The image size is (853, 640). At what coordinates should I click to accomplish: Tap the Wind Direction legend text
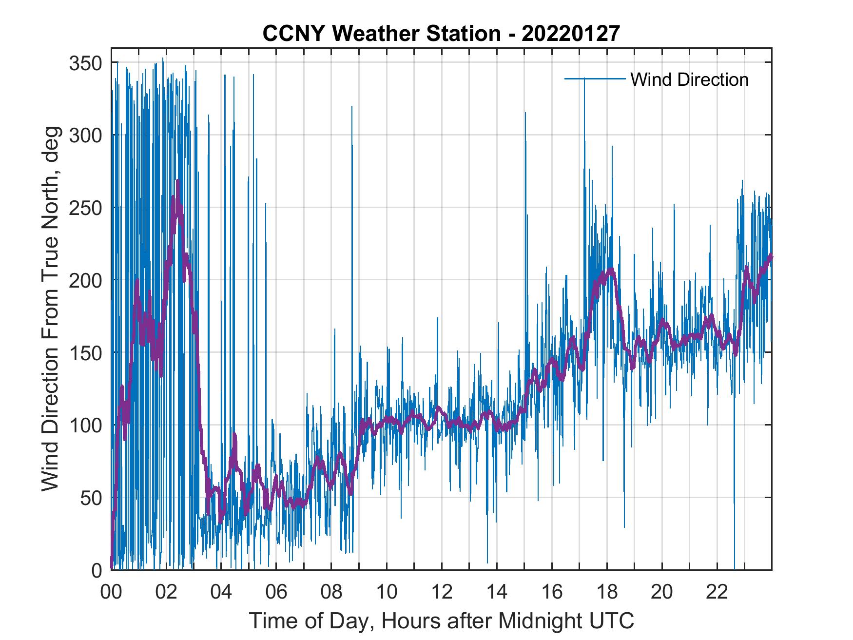coord(689,79)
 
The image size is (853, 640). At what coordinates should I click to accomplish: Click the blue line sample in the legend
coord(595,78)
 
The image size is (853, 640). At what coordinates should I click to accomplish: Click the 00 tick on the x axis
coord(111,592)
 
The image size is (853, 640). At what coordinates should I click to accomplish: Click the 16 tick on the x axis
coord(552,592)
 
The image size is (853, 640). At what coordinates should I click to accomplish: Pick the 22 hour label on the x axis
coord(717,592)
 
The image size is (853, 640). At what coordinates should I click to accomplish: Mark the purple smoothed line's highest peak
coord(178,181)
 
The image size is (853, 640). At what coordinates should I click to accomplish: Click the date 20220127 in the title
coord(570,34)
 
